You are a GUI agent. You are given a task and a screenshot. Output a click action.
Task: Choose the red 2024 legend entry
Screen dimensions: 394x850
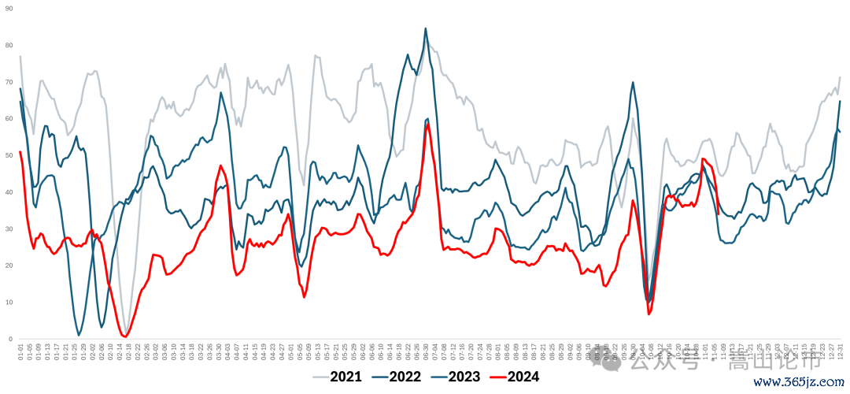523,377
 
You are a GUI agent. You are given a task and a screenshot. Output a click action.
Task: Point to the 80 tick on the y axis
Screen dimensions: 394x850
9,45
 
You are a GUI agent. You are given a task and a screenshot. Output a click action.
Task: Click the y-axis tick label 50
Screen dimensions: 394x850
9,155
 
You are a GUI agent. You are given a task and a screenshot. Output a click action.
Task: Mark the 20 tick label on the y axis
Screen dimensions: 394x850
9,266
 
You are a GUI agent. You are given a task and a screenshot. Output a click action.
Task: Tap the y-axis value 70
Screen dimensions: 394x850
9,82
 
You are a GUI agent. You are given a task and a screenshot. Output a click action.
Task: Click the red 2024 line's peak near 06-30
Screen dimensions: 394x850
427,124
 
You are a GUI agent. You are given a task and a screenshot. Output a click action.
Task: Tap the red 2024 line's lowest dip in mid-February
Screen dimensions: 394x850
125,336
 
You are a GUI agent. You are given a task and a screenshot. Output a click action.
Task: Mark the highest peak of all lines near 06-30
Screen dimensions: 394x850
426,28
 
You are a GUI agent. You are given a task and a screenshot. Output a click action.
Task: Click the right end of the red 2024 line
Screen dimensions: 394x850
719,213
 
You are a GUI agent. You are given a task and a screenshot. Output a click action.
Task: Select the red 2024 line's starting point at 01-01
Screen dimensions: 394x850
20,152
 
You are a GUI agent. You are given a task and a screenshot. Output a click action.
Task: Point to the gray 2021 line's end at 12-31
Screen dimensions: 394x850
840,77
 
